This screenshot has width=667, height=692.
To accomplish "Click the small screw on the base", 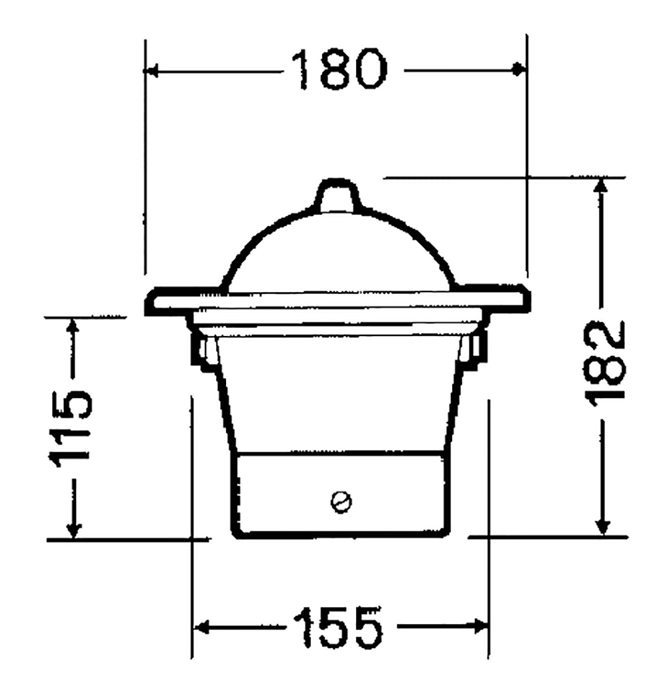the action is tap(341, 502).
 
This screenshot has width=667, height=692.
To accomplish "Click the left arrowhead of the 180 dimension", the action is tap(151, 71).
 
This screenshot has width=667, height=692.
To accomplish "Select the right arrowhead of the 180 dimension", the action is tap(519, 69).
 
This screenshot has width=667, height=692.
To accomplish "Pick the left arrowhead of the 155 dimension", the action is tap(201, 627).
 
